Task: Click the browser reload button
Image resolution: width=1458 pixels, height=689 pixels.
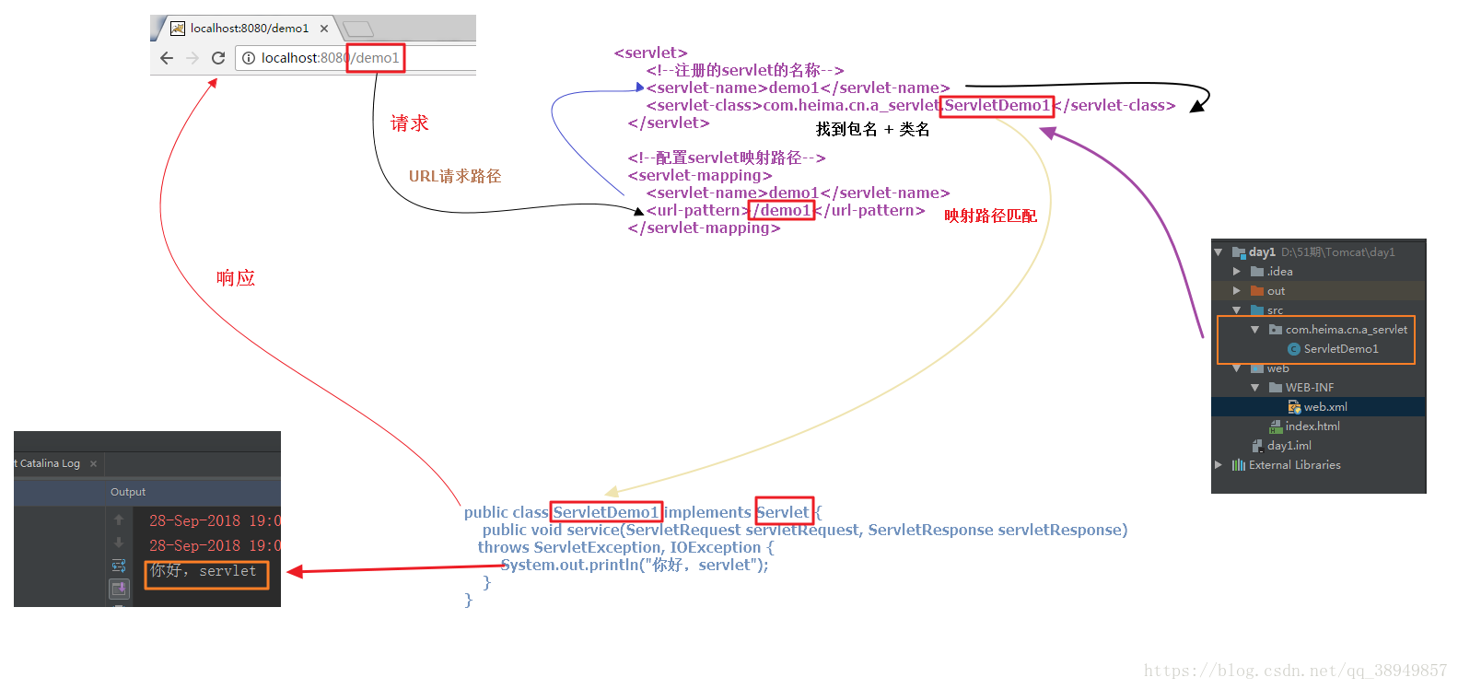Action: tap(218, 58)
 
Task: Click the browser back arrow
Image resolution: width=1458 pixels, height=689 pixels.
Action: tap(167, 58)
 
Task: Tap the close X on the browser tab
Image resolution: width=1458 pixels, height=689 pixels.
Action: tap(324, 29)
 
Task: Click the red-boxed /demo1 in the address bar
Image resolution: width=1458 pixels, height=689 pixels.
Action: tap(376, 58)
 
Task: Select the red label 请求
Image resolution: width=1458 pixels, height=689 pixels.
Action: tap(409, 123)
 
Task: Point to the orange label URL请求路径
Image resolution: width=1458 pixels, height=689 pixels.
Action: tap(455, 176)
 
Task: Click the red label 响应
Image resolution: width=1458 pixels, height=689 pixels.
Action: tap(236, 278)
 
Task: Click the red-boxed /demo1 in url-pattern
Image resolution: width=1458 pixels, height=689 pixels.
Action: tap(782, 211)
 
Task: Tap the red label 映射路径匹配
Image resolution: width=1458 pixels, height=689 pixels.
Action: tap(990, 216)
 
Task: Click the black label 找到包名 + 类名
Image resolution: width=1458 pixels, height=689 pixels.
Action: tap(872, 130)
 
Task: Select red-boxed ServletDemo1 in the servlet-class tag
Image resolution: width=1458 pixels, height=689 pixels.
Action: tap(997, 106)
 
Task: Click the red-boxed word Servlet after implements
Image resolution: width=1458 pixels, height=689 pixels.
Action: tap(783, 512)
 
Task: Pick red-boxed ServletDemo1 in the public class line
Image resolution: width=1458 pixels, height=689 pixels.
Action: tap(606, 512)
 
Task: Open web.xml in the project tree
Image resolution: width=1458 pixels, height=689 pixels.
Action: tap(1325, 407)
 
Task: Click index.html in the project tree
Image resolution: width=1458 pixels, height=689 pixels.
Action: tap(1312, 426)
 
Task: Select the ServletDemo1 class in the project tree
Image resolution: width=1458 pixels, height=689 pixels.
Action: tap(1340, 349)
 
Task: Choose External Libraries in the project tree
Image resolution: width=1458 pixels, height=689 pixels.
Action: tap(1294, 465)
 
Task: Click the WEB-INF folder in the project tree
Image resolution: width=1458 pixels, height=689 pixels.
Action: tap(1309, 388)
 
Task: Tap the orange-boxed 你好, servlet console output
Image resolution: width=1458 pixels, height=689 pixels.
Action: tap(205, 572)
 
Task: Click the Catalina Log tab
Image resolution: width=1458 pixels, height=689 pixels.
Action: tap(50, 463)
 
